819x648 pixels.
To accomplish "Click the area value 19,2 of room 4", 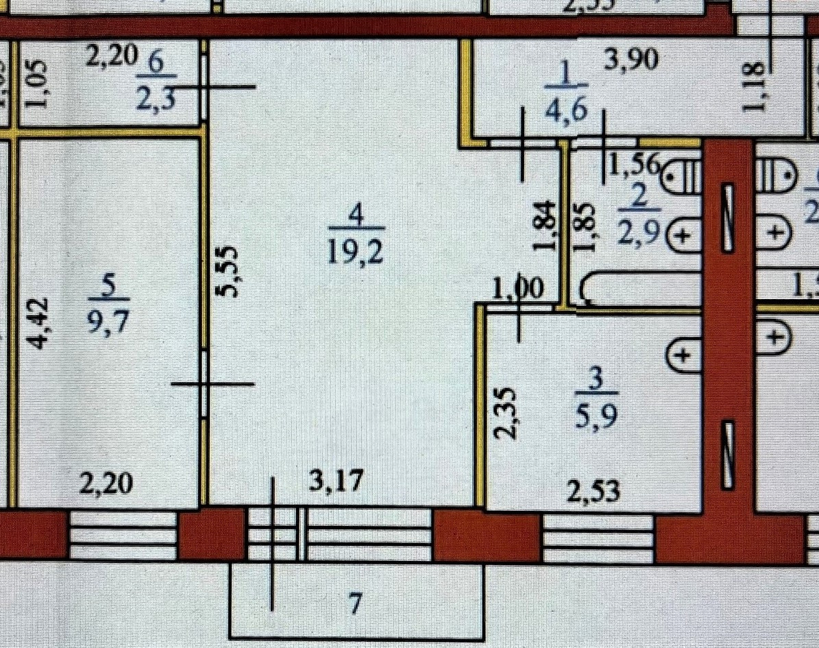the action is pyautogui.click(x=356, y=252).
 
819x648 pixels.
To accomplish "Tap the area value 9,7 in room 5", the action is pyautogui.click(x=109, y=320).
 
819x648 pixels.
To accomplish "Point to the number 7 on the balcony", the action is pyautogui.click(x=354, y=604).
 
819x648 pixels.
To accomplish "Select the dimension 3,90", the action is pyautogui.click(x=631, y=61).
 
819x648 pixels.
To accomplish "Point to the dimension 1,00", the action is pyautogui.click(x=518, y=289).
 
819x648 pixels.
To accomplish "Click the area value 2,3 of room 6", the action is pyautogui.click(x=157, y=101).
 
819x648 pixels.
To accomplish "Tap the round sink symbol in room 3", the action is pyautogui.click(x=682, y=356).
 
